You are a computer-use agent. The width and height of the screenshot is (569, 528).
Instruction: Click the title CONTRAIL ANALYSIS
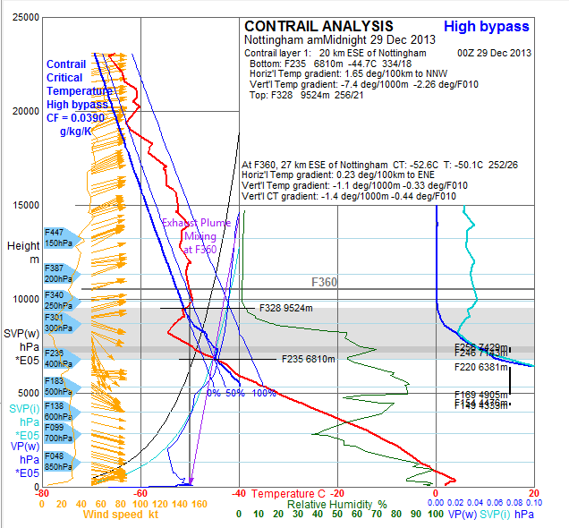coord(318,26)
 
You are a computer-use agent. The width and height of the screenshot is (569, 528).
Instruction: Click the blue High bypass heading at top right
coord(487,27)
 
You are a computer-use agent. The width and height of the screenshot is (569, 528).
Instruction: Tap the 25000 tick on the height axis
coord(19,17)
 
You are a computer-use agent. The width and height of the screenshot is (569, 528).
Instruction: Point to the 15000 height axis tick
coord(19,205)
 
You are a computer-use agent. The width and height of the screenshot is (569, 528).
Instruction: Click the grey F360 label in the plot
coord(324,282)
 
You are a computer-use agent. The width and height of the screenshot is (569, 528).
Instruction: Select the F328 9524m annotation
coord(285,308)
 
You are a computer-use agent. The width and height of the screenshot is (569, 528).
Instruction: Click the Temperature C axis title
coord(288,494)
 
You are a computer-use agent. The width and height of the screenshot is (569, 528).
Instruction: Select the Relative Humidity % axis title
coord(336,505)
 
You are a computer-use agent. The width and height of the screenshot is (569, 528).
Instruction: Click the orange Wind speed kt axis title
coord(122,515)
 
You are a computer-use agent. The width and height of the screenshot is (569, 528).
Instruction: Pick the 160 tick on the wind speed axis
coord(200,505)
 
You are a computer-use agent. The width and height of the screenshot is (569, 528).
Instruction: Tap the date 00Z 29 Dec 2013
coord(494,53)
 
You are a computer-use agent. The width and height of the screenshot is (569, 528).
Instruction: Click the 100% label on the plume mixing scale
coord(263,393)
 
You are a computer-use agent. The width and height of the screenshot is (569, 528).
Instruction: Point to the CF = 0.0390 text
coord(79,117)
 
